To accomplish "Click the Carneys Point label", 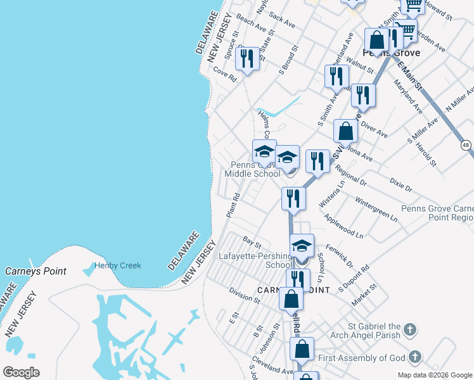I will click(x=35, y=271).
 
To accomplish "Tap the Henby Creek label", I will click(x=118, y=266).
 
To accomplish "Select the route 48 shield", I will click(x=466, y=145).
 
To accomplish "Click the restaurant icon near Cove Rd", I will click(x=246, y=59).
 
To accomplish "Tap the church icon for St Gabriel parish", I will click(x=410, y=329).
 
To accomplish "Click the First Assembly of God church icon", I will click(x=415, y=358).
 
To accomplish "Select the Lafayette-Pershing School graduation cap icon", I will click(x=302, y=244).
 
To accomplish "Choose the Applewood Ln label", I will click(x=343, y=225).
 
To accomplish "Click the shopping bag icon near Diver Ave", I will click(x=346, y=132).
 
